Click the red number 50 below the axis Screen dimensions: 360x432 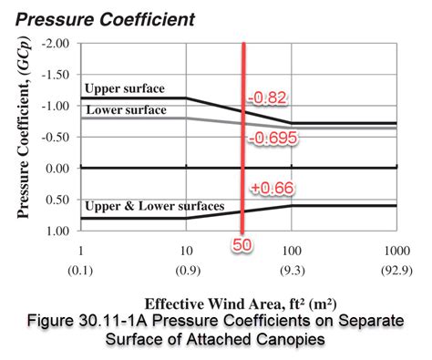[x=242, y=245]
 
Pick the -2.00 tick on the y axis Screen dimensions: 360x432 [x=56, y=43]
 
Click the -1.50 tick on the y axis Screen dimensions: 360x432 [x=56, y=74]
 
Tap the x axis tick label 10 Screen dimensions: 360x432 [x=186, y=251]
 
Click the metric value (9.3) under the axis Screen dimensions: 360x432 [x=292, y=271]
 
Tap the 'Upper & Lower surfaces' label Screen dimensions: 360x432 [x=154, y=207]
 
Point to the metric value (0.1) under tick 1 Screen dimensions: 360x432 [x=81, y=271]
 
